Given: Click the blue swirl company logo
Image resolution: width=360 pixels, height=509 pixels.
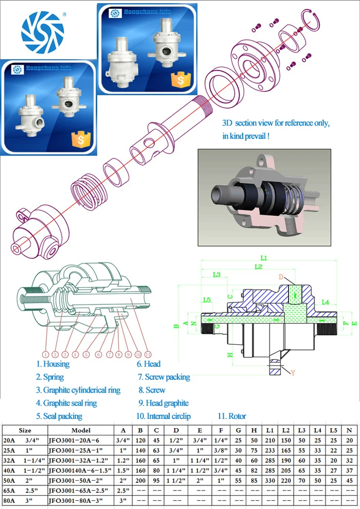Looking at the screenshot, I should click(42, 32).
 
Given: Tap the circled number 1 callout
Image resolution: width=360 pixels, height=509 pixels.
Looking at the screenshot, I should click(45, 354).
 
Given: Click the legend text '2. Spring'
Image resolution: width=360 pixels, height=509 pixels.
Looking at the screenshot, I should click(50, 377).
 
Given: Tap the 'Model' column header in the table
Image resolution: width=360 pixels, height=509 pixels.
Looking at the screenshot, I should click(81, 430).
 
